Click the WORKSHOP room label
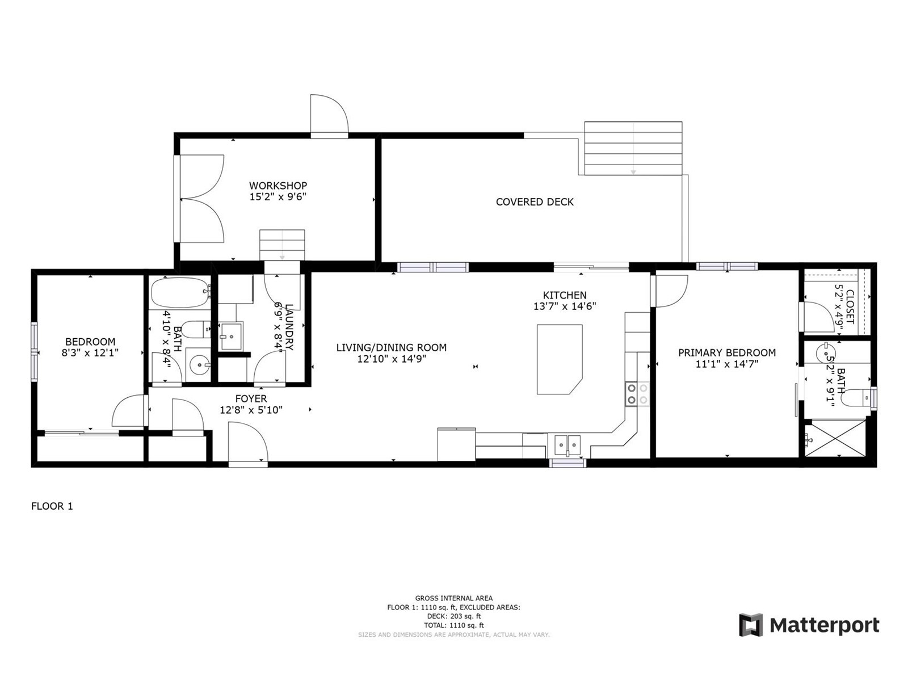(x=278, y=186)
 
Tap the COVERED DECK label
(x=535, y=202)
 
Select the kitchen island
(x=560, y=359)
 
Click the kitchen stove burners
(x=637, y=394)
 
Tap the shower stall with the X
(x=835, y=438)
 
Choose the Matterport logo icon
(x=750, y=625)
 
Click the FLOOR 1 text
(x=52, y=506)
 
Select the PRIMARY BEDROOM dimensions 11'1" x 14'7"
(x=727, y=364)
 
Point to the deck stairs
(x=633, y=148)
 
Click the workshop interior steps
(x=281, y=245)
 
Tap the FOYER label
(x=251, y=398)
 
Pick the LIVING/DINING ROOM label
(x=392, y=347)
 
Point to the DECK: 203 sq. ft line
(x=453, y=616)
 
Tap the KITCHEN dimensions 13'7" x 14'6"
(x=565, y=306)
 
